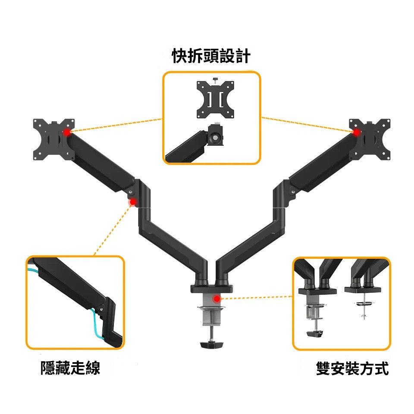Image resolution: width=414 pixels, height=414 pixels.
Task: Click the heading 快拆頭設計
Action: click(x=211, y=56)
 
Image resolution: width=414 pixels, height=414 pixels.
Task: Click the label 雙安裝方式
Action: click(x=352, y=369)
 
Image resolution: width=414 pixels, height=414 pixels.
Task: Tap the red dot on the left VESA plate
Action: click(x=66, y=132)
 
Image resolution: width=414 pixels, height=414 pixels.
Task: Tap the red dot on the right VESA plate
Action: click(x=357, y=132)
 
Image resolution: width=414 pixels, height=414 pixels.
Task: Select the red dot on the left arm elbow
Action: click(x=133, y=202)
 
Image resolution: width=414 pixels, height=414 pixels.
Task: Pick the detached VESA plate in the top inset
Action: click(x=216, y=100)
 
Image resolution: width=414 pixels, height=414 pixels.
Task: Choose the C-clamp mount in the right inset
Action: click(x=317, y=306)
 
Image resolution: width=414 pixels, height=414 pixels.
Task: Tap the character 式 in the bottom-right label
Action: click(x=381, y=369)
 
